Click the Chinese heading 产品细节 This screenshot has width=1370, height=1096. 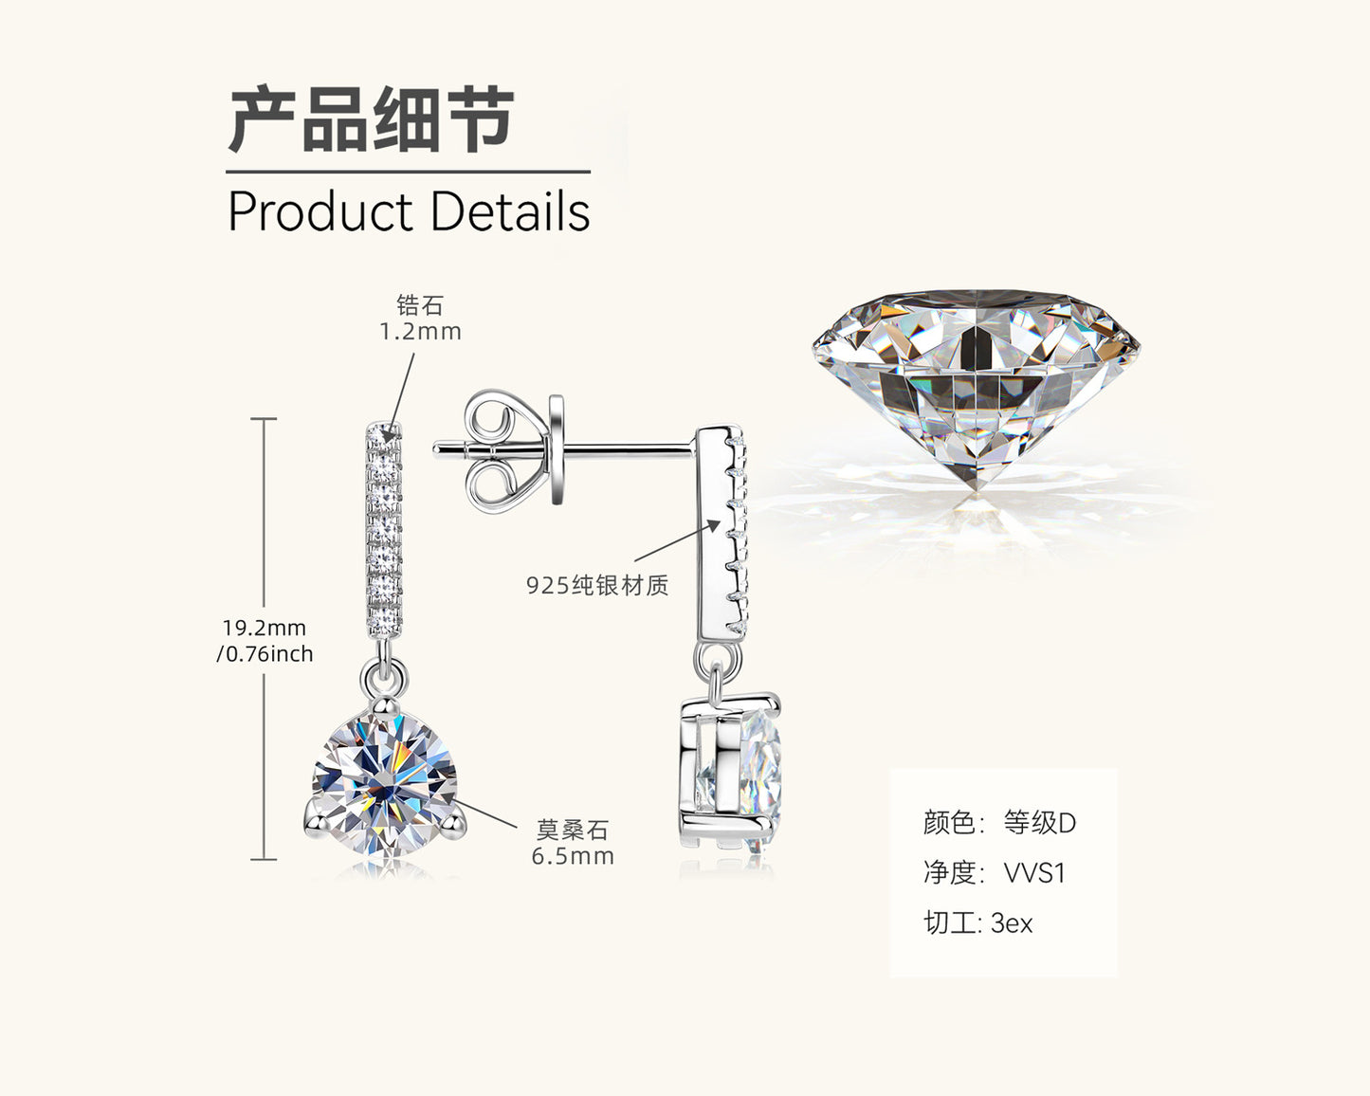pyautogui.click(x=371, y=120)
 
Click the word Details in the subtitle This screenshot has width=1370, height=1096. pyautogui.click(x=509, y=211)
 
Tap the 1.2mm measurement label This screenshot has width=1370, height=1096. pyautogui.click(x=420, y=332)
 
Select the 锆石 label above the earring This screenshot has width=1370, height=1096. pyautogui.click(x=420, y=305)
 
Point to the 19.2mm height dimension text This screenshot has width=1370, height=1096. pyautogui.click(x=265, y=628)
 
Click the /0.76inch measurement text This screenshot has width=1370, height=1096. pyautogui.click(x=265, y=654)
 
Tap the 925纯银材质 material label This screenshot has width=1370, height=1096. pyautogui.click(x=597, y=585)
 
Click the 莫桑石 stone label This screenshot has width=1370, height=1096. pyautogui.click(x=572, y=830)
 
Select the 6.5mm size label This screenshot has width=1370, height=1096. pyautogui.click(x=573, y=856)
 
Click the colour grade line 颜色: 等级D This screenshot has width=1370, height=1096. pyautogui.click(x=999, y=822)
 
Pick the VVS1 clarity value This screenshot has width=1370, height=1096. pyautogui.click(x=1034, y=872)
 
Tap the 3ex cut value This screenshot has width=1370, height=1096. pyautogui.click(x=1012, y=922)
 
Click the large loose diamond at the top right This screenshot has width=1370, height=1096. pyautogui.click(x=977, y=389)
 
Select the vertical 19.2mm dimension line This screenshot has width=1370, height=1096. pyautogui.click(x=264, y=531)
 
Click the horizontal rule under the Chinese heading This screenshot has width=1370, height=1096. pyautogui.click(x=408, y=173)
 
